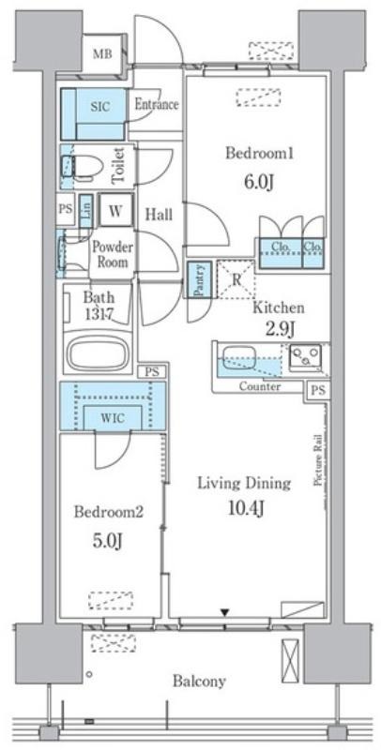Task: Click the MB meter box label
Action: [x=102, y=54]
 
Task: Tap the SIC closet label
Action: [x=100, y=106]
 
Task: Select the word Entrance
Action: [x=157, y=104]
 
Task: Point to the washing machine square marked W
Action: [x=115, y=210]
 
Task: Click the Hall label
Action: [x=159, y=215]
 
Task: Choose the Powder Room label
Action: [x=113, y=254]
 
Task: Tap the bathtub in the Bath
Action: [x=99, y=353]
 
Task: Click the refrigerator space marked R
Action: [x=236, y=279]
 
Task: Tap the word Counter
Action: [x=260, y=386]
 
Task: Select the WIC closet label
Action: [x=113, y=418]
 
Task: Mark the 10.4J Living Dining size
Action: [x=248, y=510]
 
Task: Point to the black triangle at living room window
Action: [x=224, y=612]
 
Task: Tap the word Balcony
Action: [x=199, y=682]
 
